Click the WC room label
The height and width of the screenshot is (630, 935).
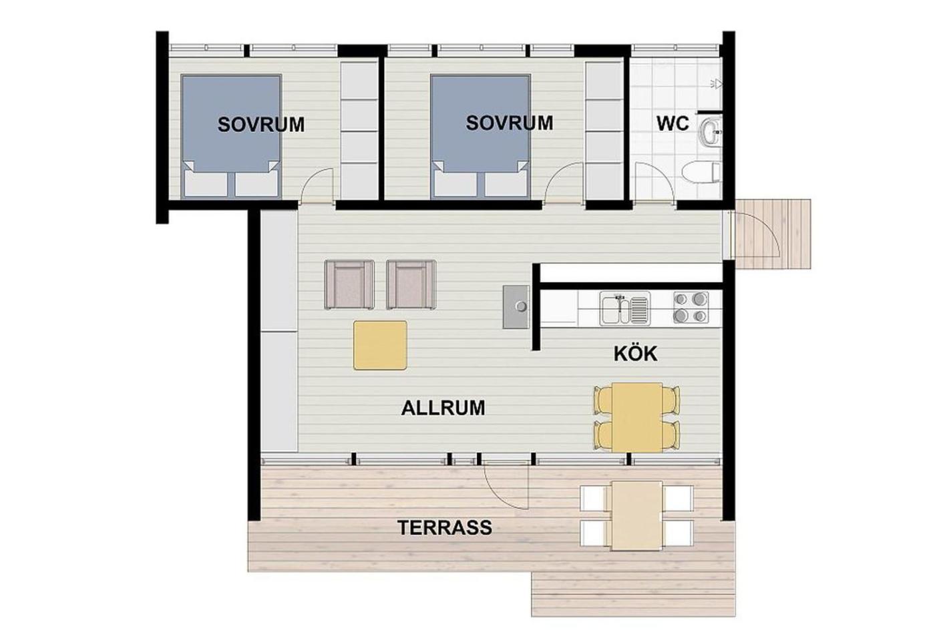673,123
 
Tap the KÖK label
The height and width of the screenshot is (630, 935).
635,354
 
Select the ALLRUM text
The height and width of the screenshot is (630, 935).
443,408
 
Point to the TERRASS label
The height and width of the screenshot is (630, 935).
445,528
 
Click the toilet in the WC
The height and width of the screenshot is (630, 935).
701,172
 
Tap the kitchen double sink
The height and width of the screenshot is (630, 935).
625,308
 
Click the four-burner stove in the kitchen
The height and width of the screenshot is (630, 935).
691,308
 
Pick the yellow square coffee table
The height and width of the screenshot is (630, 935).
380,345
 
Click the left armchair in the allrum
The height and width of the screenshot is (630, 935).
349,284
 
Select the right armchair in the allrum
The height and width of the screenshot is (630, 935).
411,284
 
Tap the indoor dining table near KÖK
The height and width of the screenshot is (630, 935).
637,417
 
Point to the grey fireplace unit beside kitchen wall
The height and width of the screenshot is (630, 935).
516,306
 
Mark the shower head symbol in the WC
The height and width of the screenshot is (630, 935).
715,85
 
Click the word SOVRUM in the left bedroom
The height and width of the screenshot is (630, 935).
261,125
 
